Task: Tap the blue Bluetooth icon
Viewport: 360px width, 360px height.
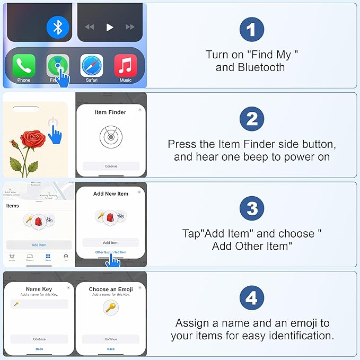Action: (x=58, y=27)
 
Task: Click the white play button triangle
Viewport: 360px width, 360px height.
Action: (x=110, y=27)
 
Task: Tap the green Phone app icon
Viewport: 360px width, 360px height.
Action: (x=24, y=66)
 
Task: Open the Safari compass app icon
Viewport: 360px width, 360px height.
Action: (x=91, y=66)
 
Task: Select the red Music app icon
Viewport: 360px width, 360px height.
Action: (x=126, y=66)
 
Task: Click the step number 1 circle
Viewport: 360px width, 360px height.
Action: (x=251, y=29)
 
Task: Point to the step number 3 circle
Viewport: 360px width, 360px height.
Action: (x=251, y=209)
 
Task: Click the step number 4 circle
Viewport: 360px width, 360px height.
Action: (x=251, y=298)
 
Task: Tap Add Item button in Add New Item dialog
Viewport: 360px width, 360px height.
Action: (x=111, y=242)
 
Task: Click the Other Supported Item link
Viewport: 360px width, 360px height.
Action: (x=111, y=252)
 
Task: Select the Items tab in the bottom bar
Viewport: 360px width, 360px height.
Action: (x=48, y=257)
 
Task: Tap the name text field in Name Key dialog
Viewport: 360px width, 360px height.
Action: (x=39, y=304)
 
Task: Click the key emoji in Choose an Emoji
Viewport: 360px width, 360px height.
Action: (x=111, y=308)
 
